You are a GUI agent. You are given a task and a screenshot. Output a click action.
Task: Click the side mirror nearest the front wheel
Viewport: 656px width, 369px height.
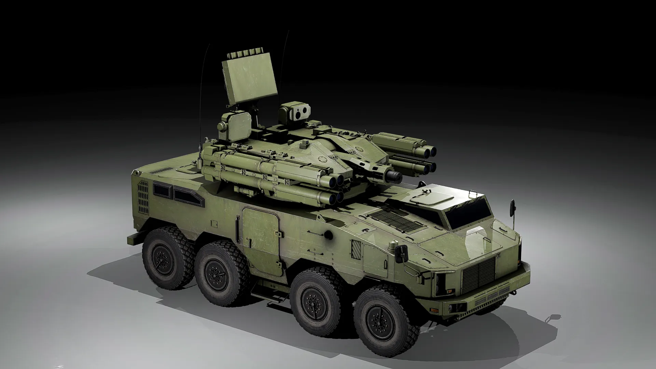pos(402,251)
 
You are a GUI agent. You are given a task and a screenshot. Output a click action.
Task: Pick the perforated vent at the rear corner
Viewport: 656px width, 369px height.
pos(143,196)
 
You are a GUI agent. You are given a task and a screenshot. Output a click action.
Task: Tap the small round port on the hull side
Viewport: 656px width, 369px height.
pos(328,234)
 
